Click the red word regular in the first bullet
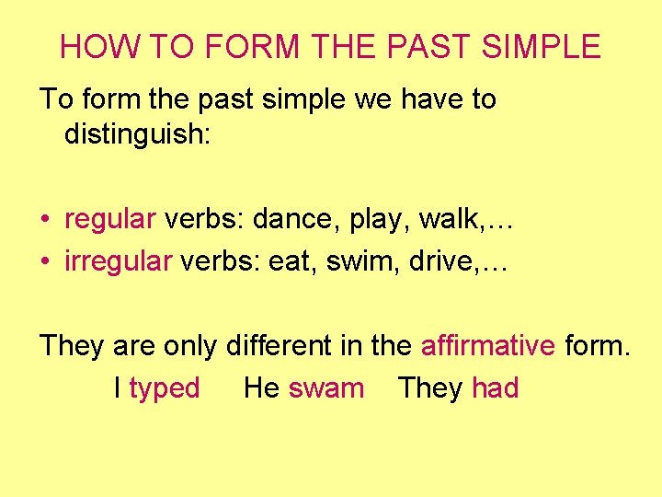pyautogui.click(x=110, y=219)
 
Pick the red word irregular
pyautogui.click(x=118, y=261)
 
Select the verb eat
pyautogui.click(x=288, y=261)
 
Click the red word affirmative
pyautogui.click(x=487, y=346)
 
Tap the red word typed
pyautogui.click(x=165, y=388)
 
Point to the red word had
pyautogui.click(x=495, y=388)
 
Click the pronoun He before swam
pyautogui.click(x=261, y=388)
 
